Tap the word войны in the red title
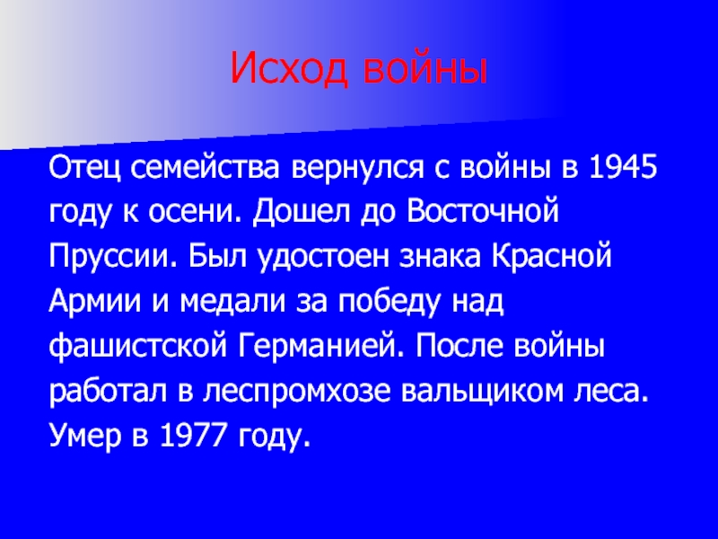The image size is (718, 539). tap(424, 68)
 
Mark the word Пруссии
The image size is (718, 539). tap(112, 257)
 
